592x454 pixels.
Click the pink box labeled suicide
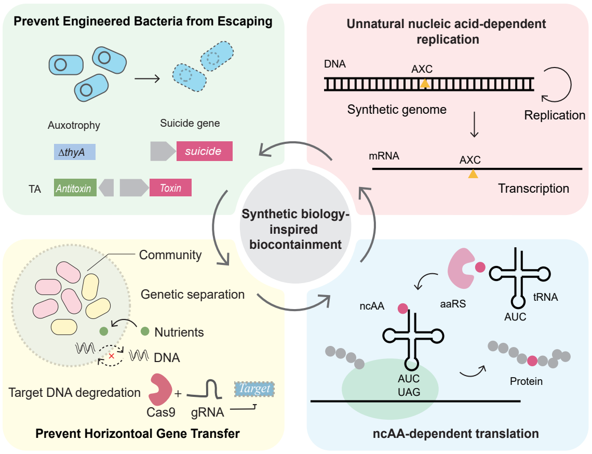(x=204, y=151)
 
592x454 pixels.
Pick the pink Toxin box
(x=170, y=188)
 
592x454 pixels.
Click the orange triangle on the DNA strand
(x=425, y=83)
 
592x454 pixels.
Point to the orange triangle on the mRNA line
(x=473, y=174)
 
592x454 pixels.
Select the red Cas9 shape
(x=161, y=390)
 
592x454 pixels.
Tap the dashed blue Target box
(x=254, y=389)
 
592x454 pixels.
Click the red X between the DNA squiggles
(x=111, y=356)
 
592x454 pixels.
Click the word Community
(x=170, y=255)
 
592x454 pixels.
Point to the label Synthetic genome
(x=397, y=110)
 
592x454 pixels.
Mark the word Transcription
(x=533, y=188)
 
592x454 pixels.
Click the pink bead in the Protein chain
(x=532, y=360)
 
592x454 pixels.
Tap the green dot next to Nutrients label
(x=144, y=331)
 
